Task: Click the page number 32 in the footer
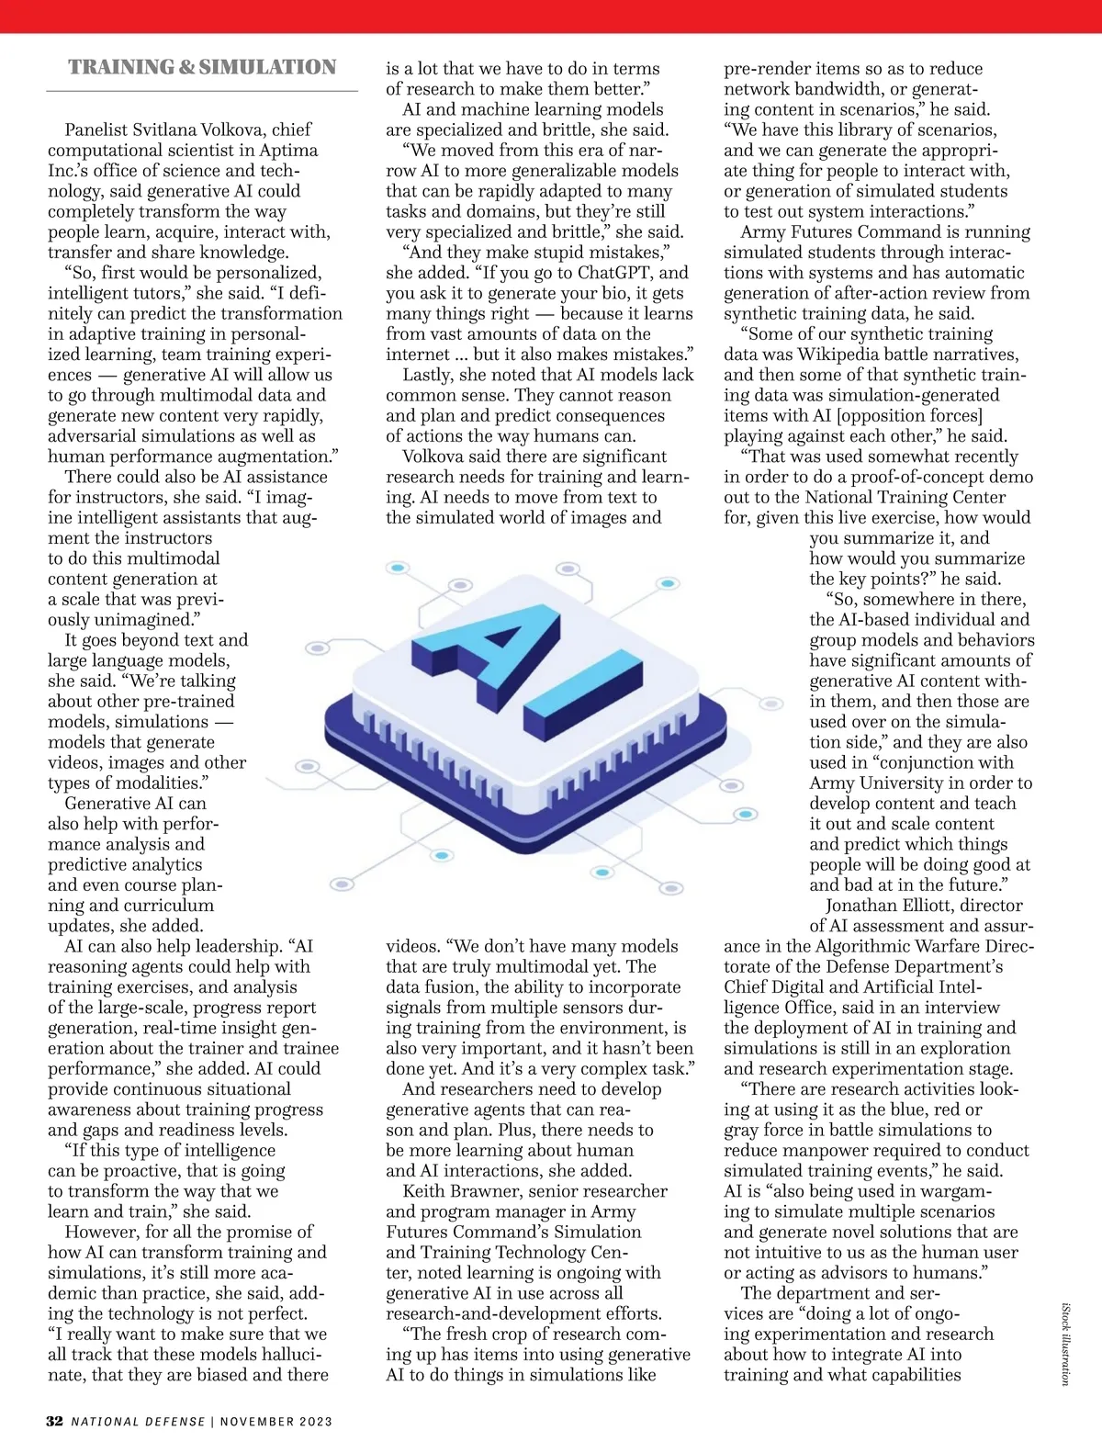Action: point(55,1421)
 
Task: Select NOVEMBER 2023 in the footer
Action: point(276,1422)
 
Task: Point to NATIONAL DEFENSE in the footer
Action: point(139,1422)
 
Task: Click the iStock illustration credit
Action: point(1066,1344)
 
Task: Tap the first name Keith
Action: point(423,1191)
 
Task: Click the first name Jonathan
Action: point(865,906)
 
